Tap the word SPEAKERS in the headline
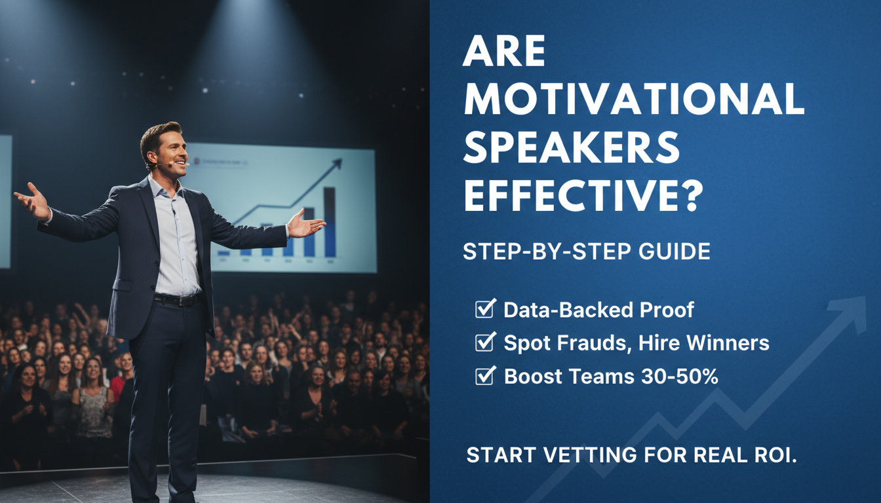coord(571,149)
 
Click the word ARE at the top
coord(504,53)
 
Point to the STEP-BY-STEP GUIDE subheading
coord(587,252)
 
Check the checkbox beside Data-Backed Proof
coord(485,309)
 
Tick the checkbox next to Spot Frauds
coord(485,342)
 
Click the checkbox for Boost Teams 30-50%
coord(485,376)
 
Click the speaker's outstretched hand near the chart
coord(305,224)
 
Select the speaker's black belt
coord(176,299)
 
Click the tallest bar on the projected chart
coord(330,223)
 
